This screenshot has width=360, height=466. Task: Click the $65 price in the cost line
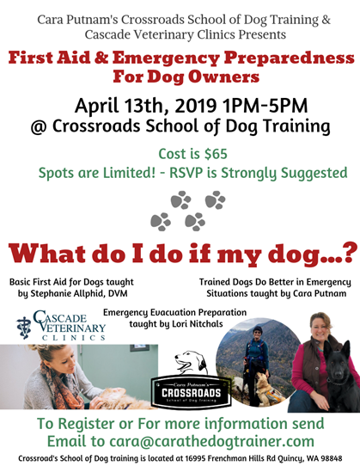click(x=216, y=154)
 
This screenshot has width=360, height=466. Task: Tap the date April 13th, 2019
click(x=145, y=106)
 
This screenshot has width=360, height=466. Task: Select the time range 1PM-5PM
click(x=265, y=106)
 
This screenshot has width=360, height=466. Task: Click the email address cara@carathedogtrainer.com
click(x=211, y=441)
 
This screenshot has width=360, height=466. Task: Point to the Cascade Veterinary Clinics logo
click(x=61, y=326)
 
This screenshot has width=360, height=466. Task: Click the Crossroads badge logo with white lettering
click(x=191, y=392)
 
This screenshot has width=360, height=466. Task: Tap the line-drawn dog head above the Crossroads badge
click(x=191, y=363)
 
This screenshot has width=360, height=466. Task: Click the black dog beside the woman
click(x=342, y=379)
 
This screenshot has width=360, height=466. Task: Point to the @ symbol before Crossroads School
click(x=40, y=127)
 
